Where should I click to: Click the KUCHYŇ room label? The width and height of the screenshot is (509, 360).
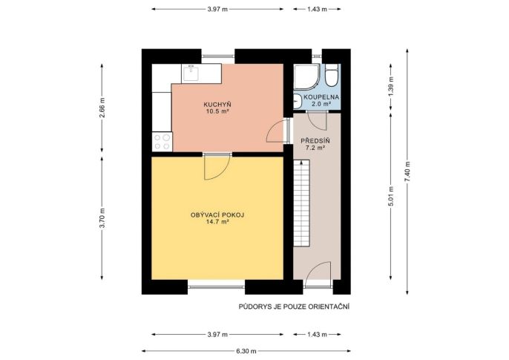pos(217,105)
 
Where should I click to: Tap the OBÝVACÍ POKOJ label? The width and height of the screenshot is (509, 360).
pos(217,215)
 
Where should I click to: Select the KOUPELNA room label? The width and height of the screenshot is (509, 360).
pos(321,97)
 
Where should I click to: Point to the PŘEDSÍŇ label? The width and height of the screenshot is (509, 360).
pos(315,141)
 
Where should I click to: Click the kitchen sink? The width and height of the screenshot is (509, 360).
pos(191,73)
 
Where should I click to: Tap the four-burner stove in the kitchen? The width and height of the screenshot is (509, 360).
pos(162,142)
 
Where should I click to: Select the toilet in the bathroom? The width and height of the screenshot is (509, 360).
pos(332,75)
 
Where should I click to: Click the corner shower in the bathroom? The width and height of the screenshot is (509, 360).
pos(306,76)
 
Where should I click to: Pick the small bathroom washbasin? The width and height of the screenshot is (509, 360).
pos(298,101)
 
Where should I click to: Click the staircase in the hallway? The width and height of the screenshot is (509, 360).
pos(301,203)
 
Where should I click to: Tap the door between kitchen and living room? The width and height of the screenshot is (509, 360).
pos(217,166)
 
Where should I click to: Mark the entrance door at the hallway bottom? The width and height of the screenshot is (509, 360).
pos(318,275)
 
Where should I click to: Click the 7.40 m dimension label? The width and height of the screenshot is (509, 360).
pos(407,171)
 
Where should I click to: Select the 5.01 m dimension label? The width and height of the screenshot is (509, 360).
pos(391,196)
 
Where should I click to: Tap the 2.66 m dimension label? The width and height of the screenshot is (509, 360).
pos(102,108)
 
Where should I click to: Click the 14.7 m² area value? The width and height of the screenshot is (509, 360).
pos(217,222)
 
